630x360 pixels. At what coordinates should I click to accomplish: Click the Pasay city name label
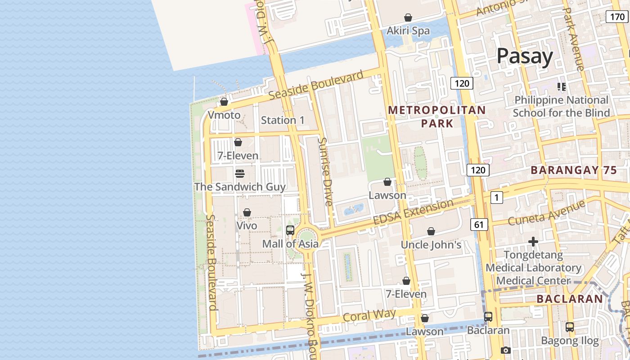pos(525,56)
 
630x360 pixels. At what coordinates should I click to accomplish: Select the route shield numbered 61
pos(480,224)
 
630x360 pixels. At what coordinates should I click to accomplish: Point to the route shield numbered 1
pos(496,197)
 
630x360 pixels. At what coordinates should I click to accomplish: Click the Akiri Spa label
pos(408,31)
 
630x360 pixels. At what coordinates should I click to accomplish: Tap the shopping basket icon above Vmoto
pos(224,102)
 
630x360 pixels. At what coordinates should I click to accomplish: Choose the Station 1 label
pos(283,120)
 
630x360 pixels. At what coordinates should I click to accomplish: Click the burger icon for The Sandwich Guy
pos(240,173)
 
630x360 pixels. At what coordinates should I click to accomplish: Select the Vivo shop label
pos(247,225)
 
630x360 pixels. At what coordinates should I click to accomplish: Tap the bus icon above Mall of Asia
pos(290,230)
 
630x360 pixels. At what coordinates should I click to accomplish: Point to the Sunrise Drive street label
pos(325,171)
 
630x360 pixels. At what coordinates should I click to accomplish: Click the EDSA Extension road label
pos(413,212)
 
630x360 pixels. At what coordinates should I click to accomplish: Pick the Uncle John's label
pos(431,245)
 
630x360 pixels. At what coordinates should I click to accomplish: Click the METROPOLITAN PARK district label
pos(437,116)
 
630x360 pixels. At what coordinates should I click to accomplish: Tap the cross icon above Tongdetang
pos(533,242)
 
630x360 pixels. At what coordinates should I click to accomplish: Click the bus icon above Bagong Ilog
pos(570,327)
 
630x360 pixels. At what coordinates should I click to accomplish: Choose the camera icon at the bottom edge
pos(505,350)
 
